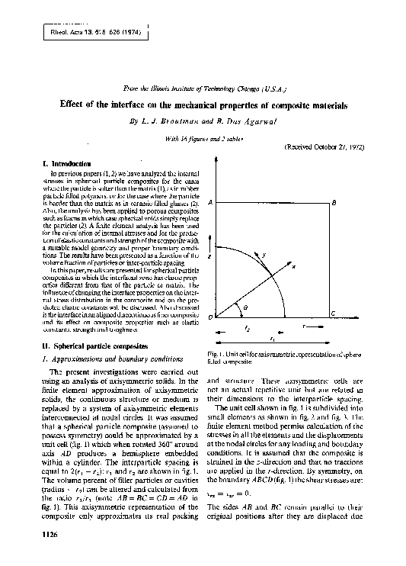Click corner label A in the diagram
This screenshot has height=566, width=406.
pyautogui.click(x=209, y=203)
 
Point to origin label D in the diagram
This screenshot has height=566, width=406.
pyautogui.click(x=210, y=316)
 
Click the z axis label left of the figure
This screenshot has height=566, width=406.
pyautogui.click(x=209, y=258)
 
